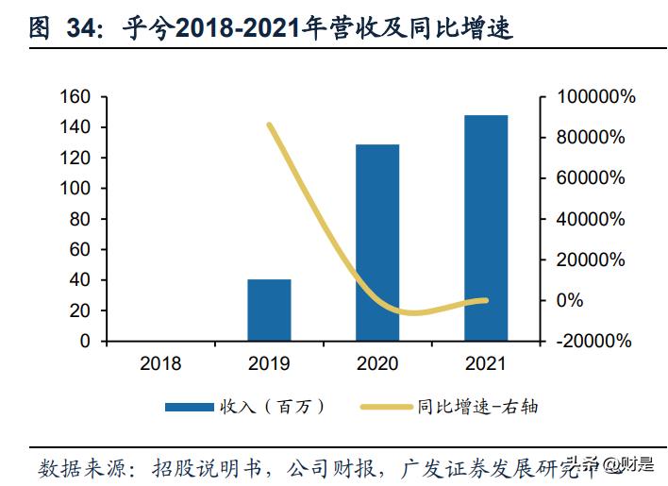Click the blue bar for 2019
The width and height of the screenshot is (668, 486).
[269, 310]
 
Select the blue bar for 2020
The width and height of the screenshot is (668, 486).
[377, 243]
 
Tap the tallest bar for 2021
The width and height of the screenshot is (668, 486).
[486, 227]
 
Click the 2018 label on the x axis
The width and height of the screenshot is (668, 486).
[160, 363]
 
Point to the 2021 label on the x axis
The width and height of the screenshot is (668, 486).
[486, 363]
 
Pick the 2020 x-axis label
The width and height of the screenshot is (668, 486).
[377, 363]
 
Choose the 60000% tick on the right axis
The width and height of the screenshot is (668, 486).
[591, 178]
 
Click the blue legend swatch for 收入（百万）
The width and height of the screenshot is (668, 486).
[190, 407]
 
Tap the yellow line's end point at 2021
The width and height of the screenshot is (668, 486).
[486, 300]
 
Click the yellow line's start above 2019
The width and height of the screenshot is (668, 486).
[269, 125]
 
